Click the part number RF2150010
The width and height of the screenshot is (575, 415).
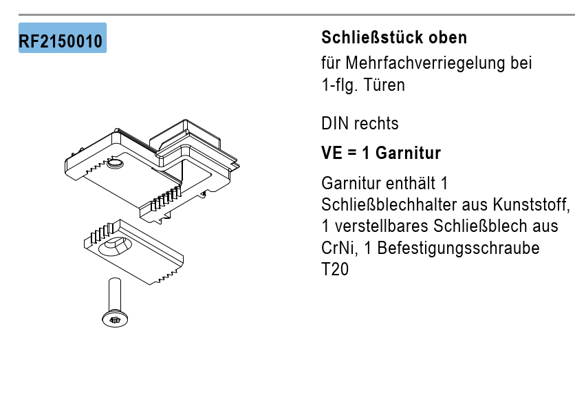click(61, 41)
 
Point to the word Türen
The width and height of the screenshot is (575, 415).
click(384, 85)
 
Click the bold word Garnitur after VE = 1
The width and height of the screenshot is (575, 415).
click(408, 153)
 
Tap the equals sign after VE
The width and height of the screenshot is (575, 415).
click(351, 153)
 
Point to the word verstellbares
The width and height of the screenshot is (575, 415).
click(381, 226)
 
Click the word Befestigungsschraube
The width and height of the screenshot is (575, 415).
click(458, 248)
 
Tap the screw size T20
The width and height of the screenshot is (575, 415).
click(335, 269)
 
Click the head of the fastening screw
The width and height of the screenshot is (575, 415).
click(115, 319)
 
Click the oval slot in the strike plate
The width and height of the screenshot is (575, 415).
click(115, 246)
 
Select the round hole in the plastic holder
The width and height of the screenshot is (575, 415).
click(115, 164)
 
